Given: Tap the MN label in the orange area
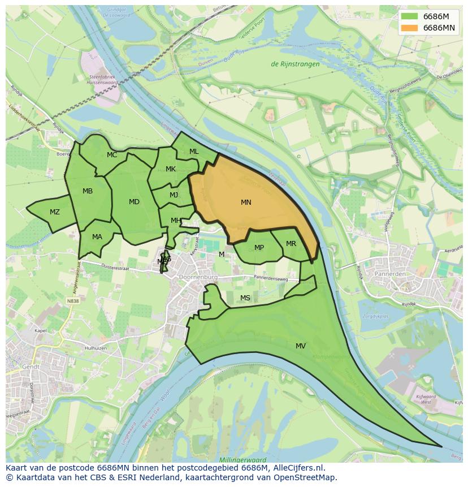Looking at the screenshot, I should [246, 202].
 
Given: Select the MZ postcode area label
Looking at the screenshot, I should [55, 213].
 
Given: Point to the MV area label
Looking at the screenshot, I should [301, 346].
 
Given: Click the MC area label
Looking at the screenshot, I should [112, 156].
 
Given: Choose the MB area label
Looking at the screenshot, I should [88, 191].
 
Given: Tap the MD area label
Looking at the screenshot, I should [134, 202].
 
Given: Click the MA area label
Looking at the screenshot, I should [97, 237].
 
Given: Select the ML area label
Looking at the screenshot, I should [194, 152].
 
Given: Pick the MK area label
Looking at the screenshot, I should [171, 170].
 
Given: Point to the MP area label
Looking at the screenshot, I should [259, 248].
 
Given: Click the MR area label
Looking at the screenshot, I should [291, 244].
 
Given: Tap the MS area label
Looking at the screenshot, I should [245, 298].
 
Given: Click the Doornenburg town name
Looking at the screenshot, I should [197, 277].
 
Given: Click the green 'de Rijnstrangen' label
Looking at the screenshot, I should [295, 64].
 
